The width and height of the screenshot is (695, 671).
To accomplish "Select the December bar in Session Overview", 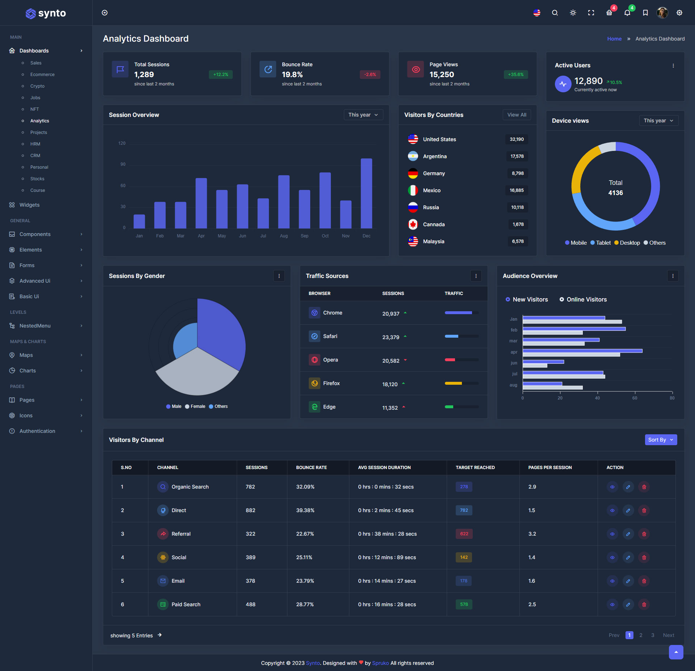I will click(366, 193).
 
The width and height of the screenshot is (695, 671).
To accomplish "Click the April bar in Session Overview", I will click(201, 203).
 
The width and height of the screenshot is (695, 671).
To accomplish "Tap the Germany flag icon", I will click(413, 173).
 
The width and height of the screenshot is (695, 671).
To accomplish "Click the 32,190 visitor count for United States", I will click(517, 139).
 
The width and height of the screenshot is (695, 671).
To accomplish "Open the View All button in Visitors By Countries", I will click(517, 115).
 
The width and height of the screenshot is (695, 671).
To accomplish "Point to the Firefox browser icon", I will click(315, 383).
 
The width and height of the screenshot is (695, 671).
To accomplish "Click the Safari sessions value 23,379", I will click(391, 337).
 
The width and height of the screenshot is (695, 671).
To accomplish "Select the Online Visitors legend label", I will click(586, 299).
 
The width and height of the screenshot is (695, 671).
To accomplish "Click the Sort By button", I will click(661, 440).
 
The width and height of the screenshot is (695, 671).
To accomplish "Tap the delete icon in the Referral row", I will click(644, 534).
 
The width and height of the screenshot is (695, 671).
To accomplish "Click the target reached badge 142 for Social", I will click(464, 557).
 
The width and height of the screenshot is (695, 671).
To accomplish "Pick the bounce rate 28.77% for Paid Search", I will click(305, 604).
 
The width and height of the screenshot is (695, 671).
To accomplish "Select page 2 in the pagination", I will click(641, 635).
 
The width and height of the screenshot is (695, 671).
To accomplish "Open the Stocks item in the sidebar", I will click(37, 179).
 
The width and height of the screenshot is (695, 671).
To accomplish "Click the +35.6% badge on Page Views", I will click(515, 75).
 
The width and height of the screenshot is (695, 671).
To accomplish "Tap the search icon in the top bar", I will click(555, 13).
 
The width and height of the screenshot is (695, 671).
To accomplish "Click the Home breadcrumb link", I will click(614, 39).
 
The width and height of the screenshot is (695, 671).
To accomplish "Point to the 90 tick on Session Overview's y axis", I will click(123, 164).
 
